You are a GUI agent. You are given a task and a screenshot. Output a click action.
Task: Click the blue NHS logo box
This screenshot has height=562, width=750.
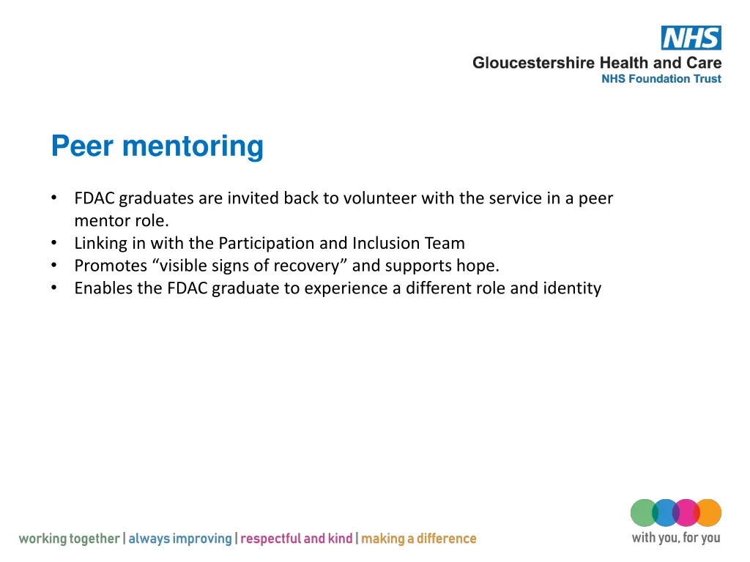pyautogui.click(x=691, y=38)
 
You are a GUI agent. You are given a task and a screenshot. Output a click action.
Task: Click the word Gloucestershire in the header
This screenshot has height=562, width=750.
pyautogui.click(x=533, y=63)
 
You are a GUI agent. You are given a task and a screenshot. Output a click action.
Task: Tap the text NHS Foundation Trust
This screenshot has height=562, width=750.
pyautogui.click(x=661, y=79)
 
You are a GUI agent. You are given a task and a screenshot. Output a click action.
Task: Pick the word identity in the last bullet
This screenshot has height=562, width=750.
pyautogui.click(x=572, y=288)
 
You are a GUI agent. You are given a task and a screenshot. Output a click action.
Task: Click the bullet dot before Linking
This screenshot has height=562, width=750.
pyautogui.click(x=55, y=243)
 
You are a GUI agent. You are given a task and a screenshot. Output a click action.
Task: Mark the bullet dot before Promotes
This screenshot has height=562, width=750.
pyautogui.click(x=55, y=266)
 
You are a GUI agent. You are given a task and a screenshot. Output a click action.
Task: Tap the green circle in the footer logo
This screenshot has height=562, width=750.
pyautogui.click(x=642, y=513)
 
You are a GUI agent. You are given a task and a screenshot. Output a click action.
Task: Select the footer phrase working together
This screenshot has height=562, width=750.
pyautogui.click(x=69, y=539)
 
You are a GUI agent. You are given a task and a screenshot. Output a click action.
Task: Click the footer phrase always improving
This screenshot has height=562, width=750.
pyautogui.click(x=180, y=539)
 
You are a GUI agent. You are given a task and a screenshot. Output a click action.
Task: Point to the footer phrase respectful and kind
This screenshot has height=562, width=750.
pyautogui.click(x=297, y=539)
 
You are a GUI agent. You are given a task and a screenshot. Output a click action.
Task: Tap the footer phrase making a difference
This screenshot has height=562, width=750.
pyautogui.click(x=418, y=539)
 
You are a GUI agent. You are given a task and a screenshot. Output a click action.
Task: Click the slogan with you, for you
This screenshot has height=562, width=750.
pyautogui.click(x=675, y=539)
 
